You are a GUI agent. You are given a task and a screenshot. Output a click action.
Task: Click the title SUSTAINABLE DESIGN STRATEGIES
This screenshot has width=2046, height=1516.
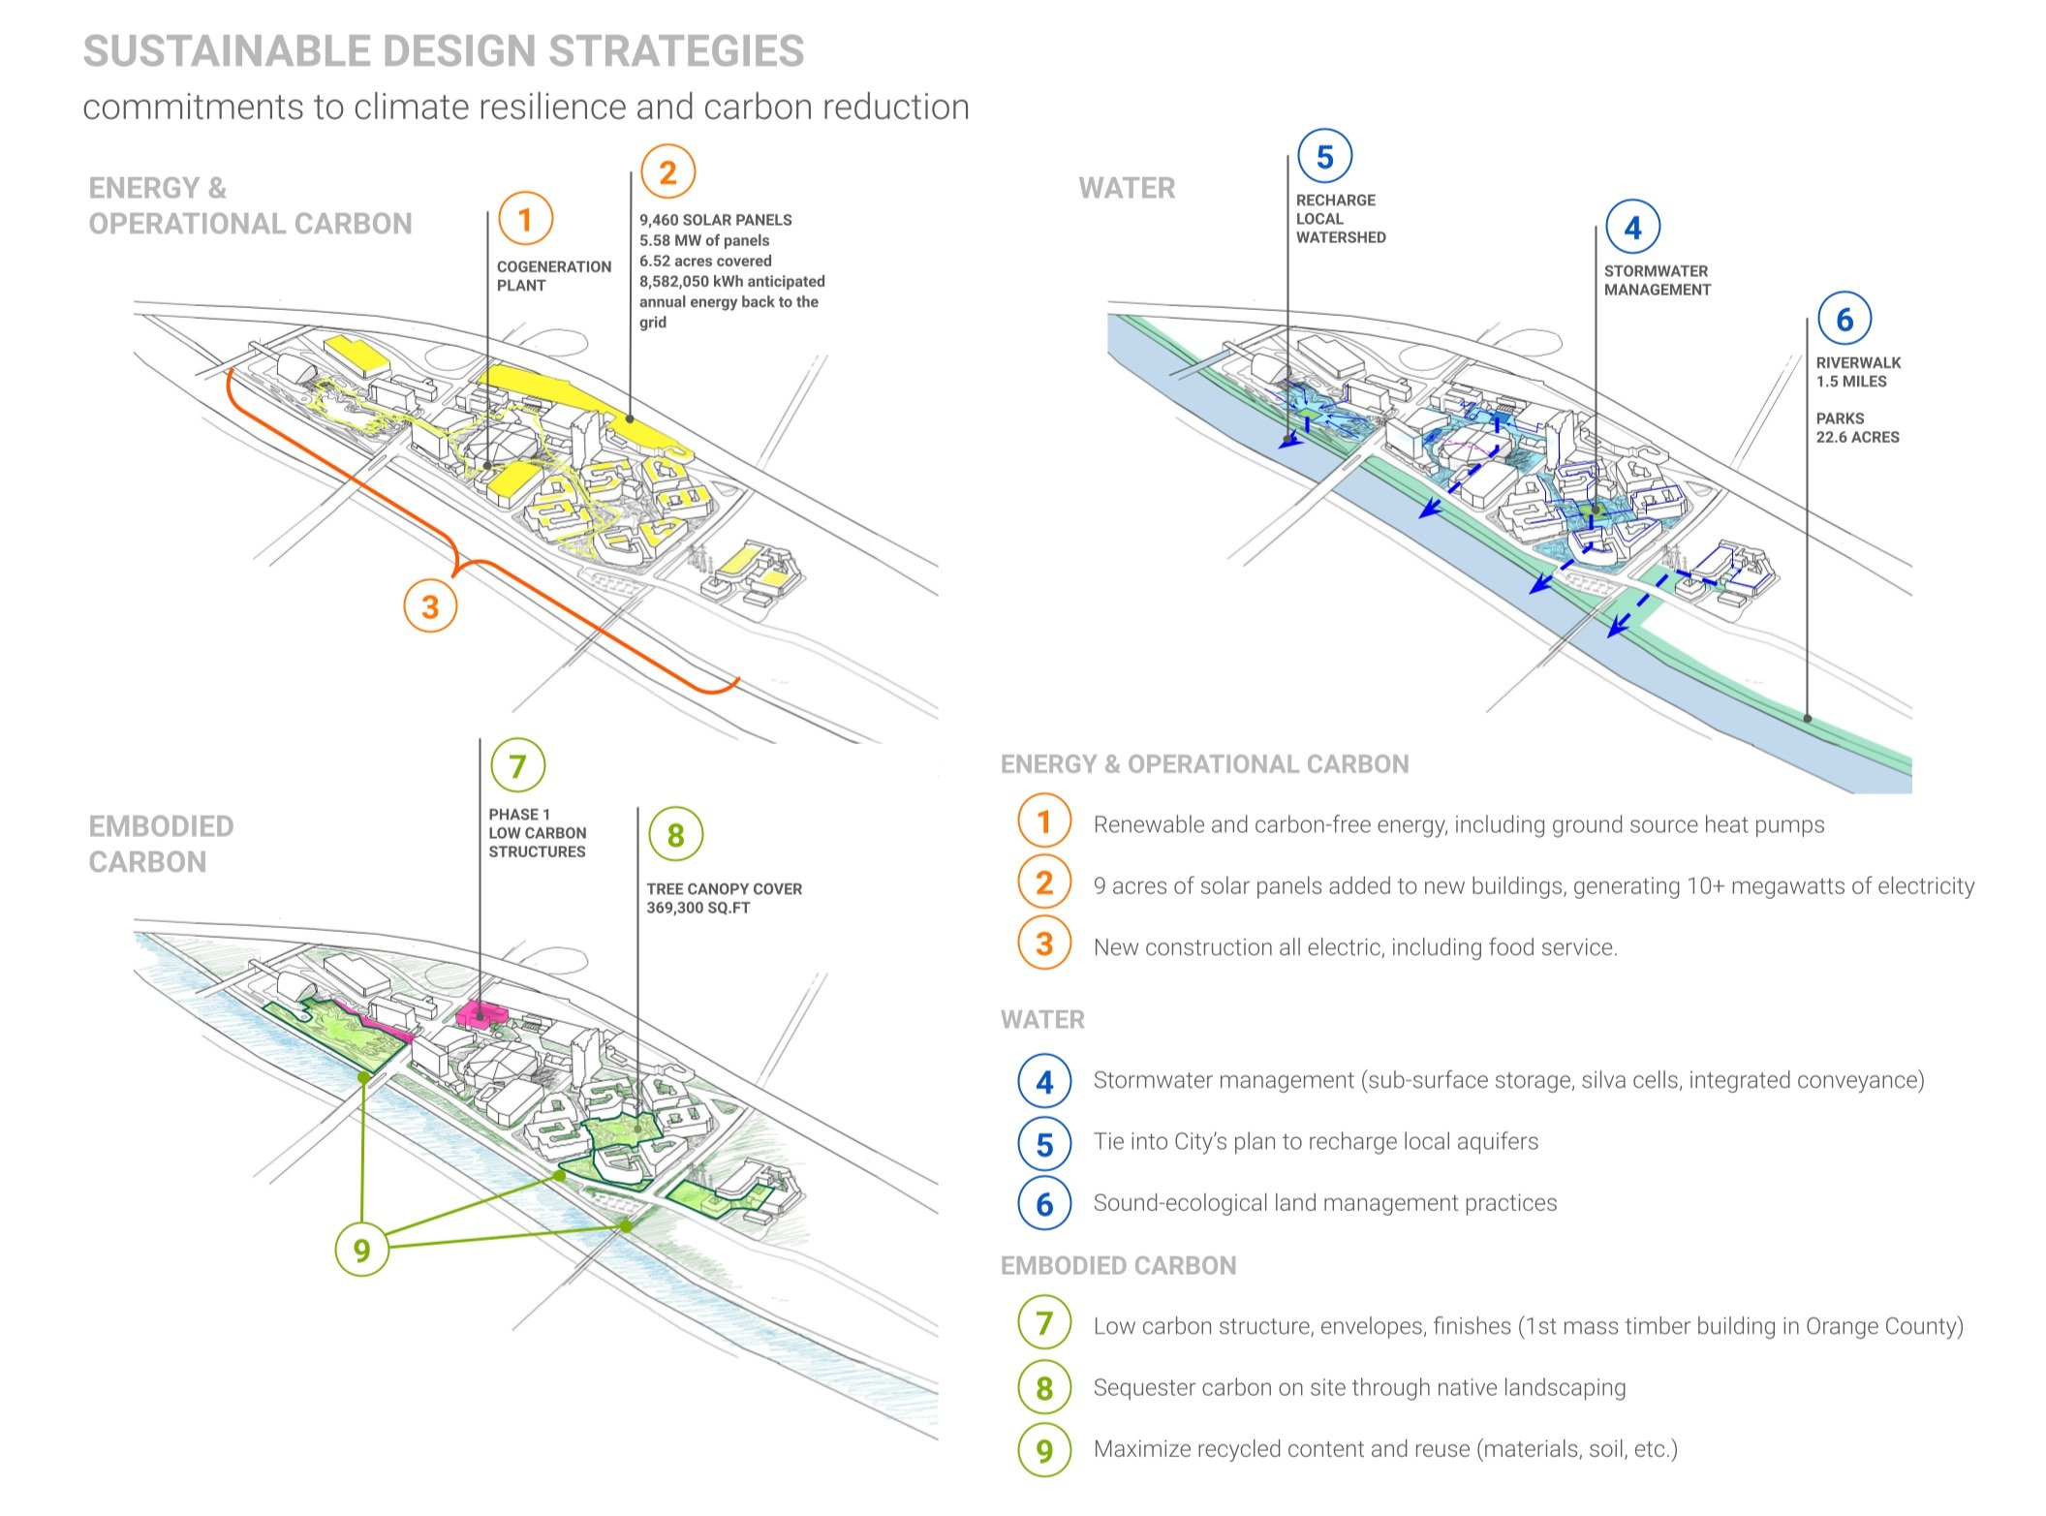[444, 51]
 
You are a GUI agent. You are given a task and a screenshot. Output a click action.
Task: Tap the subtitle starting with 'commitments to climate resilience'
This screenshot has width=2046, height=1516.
[525, 107]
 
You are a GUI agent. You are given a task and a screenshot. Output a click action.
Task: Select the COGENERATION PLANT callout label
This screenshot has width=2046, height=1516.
[553, 276]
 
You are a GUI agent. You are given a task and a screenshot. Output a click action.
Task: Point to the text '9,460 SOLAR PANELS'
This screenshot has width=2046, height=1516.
[715, 220]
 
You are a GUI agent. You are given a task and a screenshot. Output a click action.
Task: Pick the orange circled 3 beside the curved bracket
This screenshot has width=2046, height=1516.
[430, 606]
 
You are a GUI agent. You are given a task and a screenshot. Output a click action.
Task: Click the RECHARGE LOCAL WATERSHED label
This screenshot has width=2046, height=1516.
[1340, 219]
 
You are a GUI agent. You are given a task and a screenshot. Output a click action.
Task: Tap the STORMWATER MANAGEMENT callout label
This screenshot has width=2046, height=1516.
[1657, 281]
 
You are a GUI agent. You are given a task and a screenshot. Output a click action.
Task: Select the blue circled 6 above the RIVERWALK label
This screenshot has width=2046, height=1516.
[1844, 319]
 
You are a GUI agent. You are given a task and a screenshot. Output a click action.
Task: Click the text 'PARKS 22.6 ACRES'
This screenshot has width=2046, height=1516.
[1857, 428]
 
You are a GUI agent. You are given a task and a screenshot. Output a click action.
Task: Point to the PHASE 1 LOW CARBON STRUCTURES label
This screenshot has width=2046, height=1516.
[537, 833]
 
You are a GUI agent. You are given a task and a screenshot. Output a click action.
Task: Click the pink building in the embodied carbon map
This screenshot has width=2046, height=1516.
[480, 1013]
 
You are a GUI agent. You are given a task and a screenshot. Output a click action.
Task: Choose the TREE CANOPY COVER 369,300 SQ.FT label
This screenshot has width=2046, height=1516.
[724, 898]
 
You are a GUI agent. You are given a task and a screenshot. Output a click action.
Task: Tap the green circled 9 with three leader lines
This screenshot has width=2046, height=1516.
[361, 1250]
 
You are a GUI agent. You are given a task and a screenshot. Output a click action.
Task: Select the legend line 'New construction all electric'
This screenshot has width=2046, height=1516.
[1354, 947]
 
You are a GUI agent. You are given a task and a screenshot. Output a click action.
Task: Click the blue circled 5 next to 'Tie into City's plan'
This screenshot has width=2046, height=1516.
[1044, 1144]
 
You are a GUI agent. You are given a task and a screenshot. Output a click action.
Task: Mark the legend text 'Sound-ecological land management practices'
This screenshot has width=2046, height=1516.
[1324, 1203]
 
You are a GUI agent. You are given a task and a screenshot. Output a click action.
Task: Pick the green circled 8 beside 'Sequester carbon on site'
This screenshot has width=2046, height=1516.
[1044, 1388]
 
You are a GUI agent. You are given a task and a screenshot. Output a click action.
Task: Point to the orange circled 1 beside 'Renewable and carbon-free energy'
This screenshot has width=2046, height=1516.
[1044, 822]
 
